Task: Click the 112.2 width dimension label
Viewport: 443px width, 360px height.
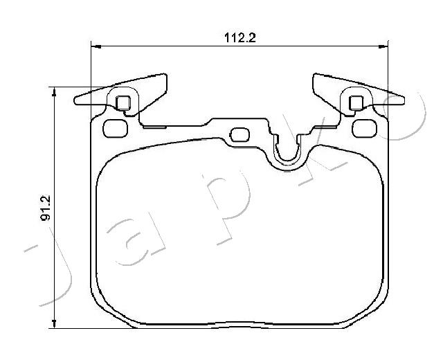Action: (x=240, y=37)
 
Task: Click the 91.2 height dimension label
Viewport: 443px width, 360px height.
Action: (x=46, y=208)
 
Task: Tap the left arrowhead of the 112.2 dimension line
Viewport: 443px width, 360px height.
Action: (x=96, y=46)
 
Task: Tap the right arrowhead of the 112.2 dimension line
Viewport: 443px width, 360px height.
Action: (x=383, y=46)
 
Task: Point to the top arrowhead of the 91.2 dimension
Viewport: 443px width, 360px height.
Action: (x=54, y=92)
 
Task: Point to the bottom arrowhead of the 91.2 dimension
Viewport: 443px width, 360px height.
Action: (x=54, y=323)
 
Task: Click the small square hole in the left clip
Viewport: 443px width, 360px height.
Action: (x=123, y=102)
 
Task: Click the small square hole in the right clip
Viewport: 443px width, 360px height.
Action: (x=356, y=102)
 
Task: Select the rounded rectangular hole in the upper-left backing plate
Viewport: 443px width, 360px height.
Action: (x=116, y=129)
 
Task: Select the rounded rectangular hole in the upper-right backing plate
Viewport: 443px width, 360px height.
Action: (x=365, y=129)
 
